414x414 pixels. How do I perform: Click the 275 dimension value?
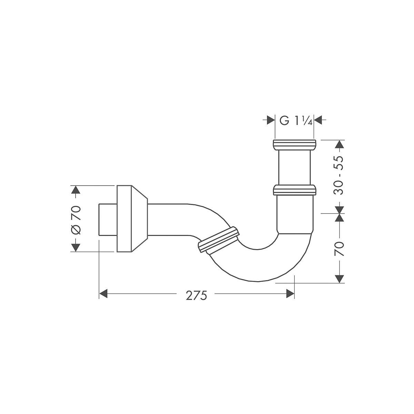tap(196, 296)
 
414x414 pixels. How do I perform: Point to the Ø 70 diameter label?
tap(76, 220)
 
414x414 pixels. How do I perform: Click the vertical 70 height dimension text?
tap(339, 249)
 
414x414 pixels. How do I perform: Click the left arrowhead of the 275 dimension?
tap(103, 294)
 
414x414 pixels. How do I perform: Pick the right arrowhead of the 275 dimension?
tap(290, 294)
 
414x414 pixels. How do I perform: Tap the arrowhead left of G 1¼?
tap(271, 120)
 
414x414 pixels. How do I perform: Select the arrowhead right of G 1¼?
tap(318, 120)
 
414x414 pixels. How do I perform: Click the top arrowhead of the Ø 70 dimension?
tap(75, 190)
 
